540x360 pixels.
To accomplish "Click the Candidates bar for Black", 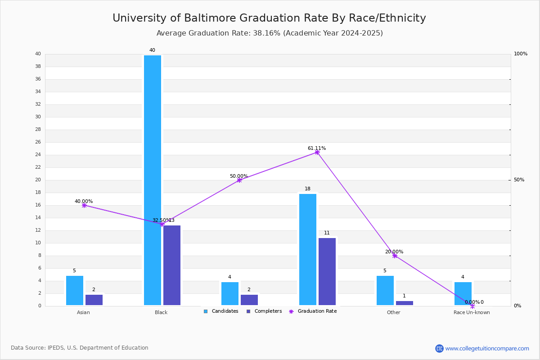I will tap(153, 180).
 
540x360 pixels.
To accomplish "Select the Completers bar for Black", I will tap(172, 265).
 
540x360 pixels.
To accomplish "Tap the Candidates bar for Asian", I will tap(75, 291).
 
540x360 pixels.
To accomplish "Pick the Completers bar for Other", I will tap(405, 303).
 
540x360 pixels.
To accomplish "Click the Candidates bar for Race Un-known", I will tap(463, 294).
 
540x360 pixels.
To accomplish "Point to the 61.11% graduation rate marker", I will tap(317, 152).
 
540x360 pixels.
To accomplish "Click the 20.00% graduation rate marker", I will tap(395, 256).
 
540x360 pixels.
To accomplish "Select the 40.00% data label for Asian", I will tap(84, 202).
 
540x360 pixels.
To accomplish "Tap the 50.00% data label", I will tap(239, 176).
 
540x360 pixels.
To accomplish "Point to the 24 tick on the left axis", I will tap(38, 155).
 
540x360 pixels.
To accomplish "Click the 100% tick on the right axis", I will tap(521, 54).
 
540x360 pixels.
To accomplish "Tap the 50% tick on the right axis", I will tap(519, 180).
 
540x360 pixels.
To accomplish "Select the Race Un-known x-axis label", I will tap(472, 312).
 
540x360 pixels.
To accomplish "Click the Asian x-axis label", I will tap(83, 312).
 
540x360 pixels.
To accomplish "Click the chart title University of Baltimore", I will tap(269, 18).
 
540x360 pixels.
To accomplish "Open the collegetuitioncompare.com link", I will tap(487, 348).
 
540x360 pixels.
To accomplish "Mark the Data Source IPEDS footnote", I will tap(80, 348).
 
